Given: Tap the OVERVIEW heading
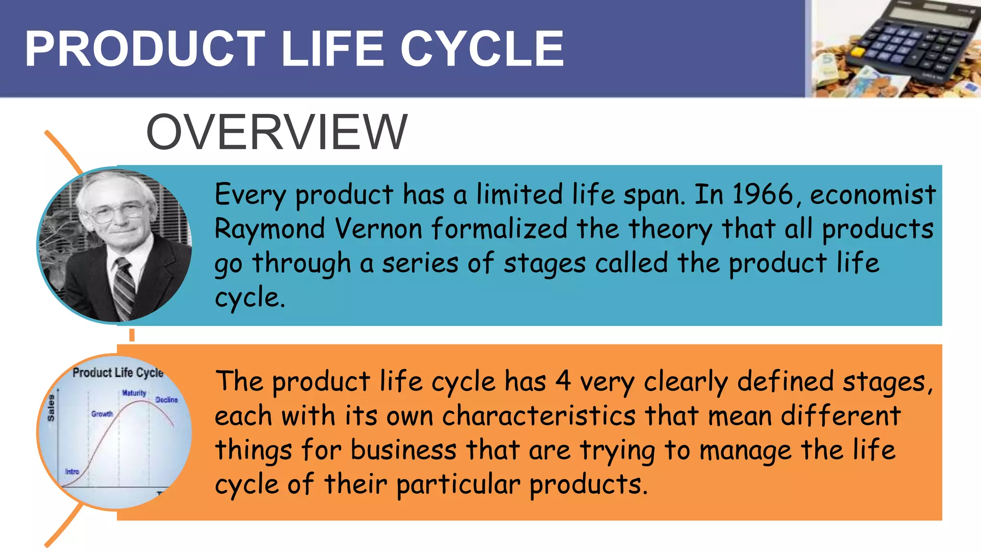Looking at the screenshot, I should pos(276,132).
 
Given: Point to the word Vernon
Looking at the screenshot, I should pos(378,229).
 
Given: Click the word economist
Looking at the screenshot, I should pos(873,195).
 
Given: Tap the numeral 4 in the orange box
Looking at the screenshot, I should pos(563,381).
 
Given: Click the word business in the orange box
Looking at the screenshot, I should pos(403,450).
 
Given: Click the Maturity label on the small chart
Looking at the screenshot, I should pos(134,393).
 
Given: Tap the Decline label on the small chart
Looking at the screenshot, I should pos(166,400).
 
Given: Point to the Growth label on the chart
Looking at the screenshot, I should pos(102,414).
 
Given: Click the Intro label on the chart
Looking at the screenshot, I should pos(72,471).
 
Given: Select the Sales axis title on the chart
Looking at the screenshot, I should pos(51,408).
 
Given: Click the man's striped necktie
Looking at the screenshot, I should pos(124,287).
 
